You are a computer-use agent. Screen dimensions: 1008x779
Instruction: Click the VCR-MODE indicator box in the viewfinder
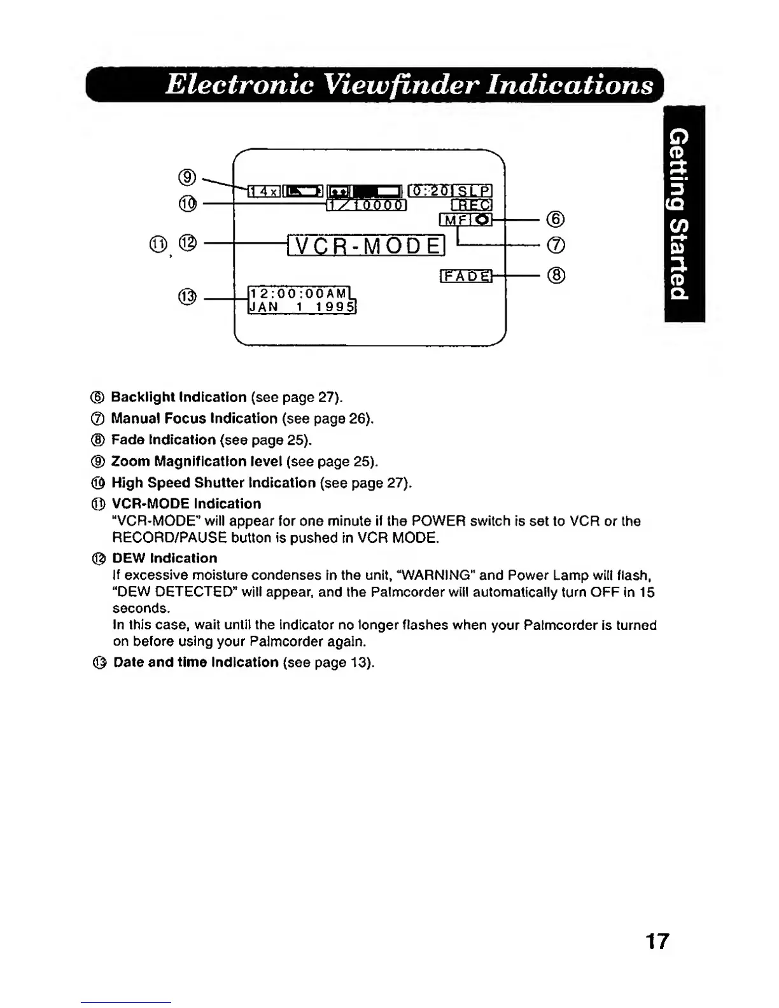coord(365,245)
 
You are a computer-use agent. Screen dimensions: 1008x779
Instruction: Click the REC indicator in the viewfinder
coord(472,205)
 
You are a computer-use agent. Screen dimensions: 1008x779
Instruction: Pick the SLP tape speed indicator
coord(474,191)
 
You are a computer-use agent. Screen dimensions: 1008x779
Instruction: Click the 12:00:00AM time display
coord(298,293)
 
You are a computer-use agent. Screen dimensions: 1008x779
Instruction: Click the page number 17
coord(657,941)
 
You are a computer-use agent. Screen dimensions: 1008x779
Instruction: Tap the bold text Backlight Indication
coord(179,397)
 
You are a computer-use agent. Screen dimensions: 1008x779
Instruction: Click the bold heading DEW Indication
coord(164,558)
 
